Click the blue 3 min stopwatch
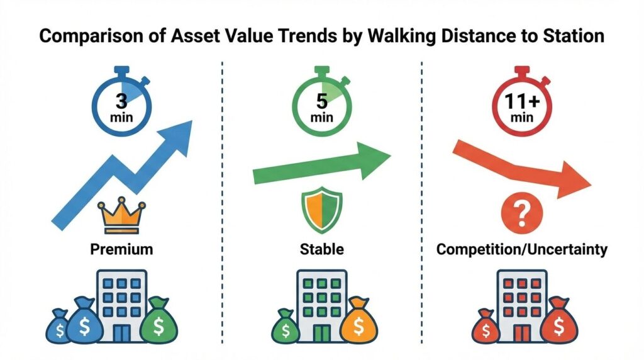(121, 103)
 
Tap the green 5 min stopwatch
(321, 103)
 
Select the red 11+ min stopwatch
(521, 103)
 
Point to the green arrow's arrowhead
(373, 160)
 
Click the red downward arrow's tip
(592, 184)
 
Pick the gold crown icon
(121, 215)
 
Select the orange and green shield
(322, 210)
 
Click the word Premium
(121, 249)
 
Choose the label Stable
(321, 249)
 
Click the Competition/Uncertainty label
(521, 249)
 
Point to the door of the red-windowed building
(521, 334)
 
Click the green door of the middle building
(321, 334)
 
